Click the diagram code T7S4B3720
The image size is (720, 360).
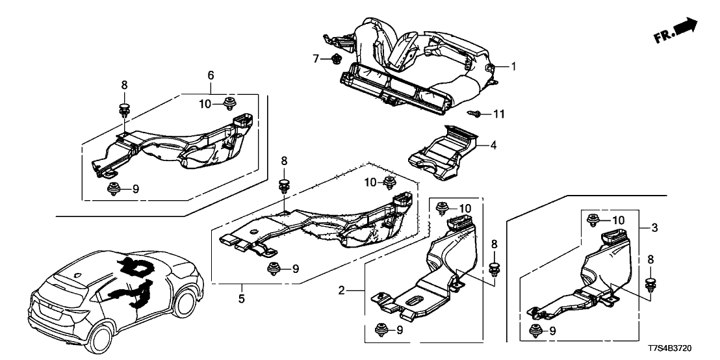coord(682,348)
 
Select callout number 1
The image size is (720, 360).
coord(513,66)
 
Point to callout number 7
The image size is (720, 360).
coord(316,59)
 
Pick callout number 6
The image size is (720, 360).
coord(210,76)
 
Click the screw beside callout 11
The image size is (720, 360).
coord(477,114)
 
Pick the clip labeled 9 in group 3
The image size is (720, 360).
coord(537,329)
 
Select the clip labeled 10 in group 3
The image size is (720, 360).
coord(593,220)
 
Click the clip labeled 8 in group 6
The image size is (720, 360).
coord(123,107)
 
